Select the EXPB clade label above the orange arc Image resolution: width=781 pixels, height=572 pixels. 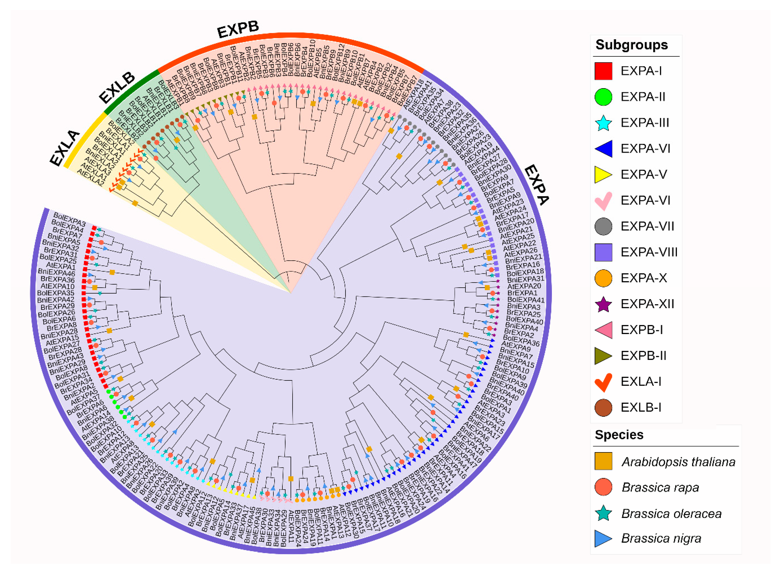(x=238, y=30)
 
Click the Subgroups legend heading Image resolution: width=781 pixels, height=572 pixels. (x=631, y=45)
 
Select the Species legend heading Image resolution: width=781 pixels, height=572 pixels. (x=619, y=435)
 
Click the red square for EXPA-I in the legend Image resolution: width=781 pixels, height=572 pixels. (x=603, y=71)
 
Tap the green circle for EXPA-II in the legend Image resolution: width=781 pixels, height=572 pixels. (x=603, y=97)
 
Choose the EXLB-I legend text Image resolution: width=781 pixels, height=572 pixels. (x=641, y=407)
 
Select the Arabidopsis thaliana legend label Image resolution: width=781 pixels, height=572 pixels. (x=678, y=462)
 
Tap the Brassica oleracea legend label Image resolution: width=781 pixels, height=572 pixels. (x=671, y=514)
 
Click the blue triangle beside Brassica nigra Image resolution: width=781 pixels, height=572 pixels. (x=603, y=539)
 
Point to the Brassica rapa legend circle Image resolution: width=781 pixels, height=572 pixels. (x=603, y=487)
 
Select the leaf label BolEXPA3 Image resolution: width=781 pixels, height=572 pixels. (x=70, y=220)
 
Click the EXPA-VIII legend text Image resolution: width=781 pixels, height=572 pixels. (x=649, y=252)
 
